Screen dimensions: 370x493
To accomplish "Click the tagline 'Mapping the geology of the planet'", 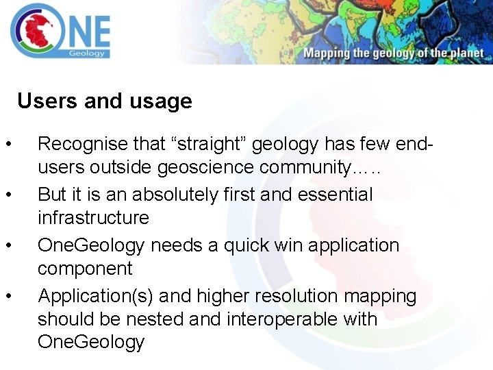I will click(x=394, y=53).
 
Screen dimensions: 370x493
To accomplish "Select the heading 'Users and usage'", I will click(x=105, y=101).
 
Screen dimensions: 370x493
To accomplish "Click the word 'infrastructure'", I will click(x=93, y=218).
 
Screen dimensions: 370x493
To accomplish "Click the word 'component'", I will click(x=85, y=269).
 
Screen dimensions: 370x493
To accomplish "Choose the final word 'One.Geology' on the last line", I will click(x=91, y=343).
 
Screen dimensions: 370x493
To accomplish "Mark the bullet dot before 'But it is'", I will click(x=8, y=195).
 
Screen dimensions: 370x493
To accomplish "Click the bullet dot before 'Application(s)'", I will click(x=8, y=296).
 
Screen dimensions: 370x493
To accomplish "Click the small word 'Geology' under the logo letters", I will click(x=87, y=53).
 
